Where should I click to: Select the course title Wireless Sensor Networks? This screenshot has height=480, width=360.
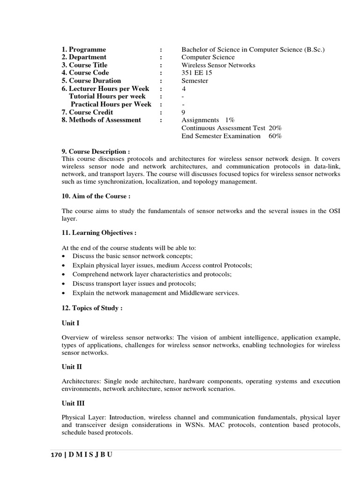point(218,65)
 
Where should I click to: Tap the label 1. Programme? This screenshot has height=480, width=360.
point(84,49)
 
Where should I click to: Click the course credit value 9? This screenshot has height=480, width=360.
point(183,112)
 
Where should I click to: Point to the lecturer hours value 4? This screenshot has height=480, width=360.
point(184,89)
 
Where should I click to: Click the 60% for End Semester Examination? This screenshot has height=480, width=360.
point(275,136)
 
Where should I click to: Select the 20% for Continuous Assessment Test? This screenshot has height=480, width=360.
point(275,128)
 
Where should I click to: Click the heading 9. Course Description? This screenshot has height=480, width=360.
point(96,151)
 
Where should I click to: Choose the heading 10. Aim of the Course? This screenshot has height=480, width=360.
point(96,195)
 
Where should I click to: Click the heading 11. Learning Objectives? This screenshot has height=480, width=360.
point(99,233)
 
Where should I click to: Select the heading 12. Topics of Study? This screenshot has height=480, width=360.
point(92,308)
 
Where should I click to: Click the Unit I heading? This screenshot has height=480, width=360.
point(71,323)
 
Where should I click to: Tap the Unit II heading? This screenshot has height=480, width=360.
point(73,367)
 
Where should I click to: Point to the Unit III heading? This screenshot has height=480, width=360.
point(74,403)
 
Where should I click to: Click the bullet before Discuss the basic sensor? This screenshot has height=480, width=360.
point(64,256)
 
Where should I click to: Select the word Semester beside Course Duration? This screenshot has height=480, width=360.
point(195,81)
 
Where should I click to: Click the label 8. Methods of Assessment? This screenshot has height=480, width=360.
point(101,120)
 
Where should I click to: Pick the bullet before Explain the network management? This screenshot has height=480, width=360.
point(64,293)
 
